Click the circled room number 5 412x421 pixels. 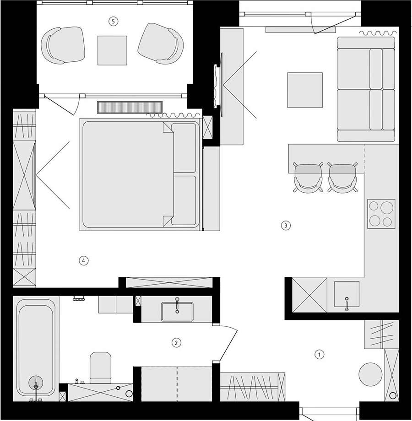click(x=114, y=21)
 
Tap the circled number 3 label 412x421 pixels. click(x=286, y=225)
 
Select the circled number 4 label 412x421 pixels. click(x=83, y=260)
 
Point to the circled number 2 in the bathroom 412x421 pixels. click(x=176, y=343)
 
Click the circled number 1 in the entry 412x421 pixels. click(x=319, y=354)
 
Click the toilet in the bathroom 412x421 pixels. click(x=100, y=367)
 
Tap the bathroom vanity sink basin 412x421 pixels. click(x=177, y=312)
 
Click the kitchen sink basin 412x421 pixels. click(x=347, y=294)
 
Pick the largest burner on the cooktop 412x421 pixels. click(x=387, y=208)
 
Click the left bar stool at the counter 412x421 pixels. click(x=308, y=178)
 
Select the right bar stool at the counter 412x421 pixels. click(x=342, y=178)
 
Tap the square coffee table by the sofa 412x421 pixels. click(x=305, y=90)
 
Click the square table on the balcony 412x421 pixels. click(x=112, y=50)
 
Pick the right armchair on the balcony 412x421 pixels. click(x=161, y=44)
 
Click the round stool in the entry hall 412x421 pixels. click(x=370, y=374)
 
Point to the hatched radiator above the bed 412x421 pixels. click(x=130, y=107)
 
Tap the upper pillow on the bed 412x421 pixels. click(x=184, y=148)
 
